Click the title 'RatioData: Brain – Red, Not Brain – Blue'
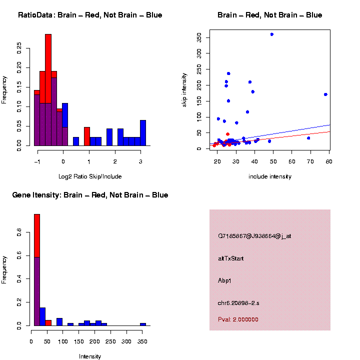tap(90, 15)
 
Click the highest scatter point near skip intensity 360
tap(271, 34)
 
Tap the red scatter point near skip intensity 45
tap(227, 134)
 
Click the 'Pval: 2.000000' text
tap(238, 319)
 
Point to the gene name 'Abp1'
tap(225, 280)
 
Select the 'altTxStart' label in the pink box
tap(230, 258)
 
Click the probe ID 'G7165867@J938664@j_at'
tap(254, 236)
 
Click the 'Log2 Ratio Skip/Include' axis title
tap(90, 176)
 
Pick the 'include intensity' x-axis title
tap(270, 176)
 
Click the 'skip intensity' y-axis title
tap(184, 89)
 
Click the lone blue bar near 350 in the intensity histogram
tap(143, 324)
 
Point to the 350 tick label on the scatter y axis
tap(199, 37)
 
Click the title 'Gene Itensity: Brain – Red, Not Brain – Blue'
tap(90, 195)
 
